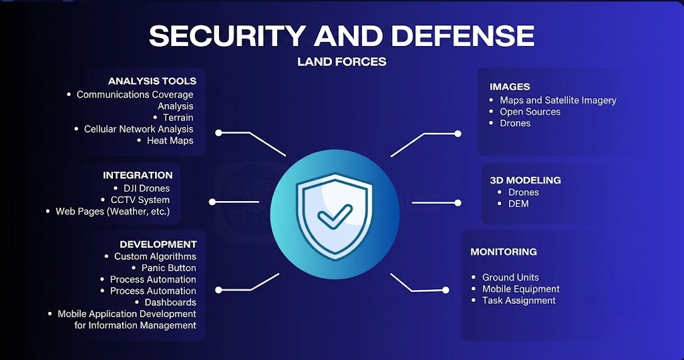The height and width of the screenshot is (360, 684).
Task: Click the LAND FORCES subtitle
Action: pos(341,62)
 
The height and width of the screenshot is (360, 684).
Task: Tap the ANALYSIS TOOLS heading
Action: pos(152,81)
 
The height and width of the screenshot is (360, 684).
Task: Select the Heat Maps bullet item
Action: pos(170,140)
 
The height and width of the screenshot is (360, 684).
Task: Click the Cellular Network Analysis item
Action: pos(139,129)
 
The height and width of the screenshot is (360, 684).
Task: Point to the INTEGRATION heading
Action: pos(138,176)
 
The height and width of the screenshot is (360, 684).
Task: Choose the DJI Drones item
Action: pos(146,188)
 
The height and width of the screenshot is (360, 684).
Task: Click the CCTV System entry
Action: pos(140,200)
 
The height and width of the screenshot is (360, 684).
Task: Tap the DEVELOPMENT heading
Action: pos(158,244)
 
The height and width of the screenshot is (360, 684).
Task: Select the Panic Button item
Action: pos(169,268)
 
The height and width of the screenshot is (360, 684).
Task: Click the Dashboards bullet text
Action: pos(170,303)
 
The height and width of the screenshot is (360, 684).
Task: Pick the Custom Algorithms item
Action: pos(155,256)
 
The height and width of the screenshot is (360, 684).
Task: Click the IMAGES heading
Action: pos(510,87)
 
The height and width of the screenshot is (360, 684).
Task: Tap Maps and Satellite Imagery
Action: pos(558,100)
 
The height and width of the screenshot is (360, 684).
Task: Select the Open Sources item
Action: pos(530,112)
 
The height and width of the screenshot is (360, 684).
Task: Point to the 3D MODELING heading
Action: pos(525,180)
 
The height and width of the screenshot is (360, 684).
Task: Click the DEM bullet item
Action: pos(518,204)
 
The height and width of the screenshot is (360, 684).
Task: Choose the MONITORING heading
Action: pos(504,252)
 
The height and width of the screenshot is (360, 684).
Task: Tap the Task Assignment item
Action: pos(518,300)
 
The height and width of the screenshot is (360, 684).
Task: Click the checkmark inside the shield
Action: pos(334,216)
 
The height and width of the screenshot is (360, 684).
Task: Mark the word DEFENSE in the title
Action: pos(463,36)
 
